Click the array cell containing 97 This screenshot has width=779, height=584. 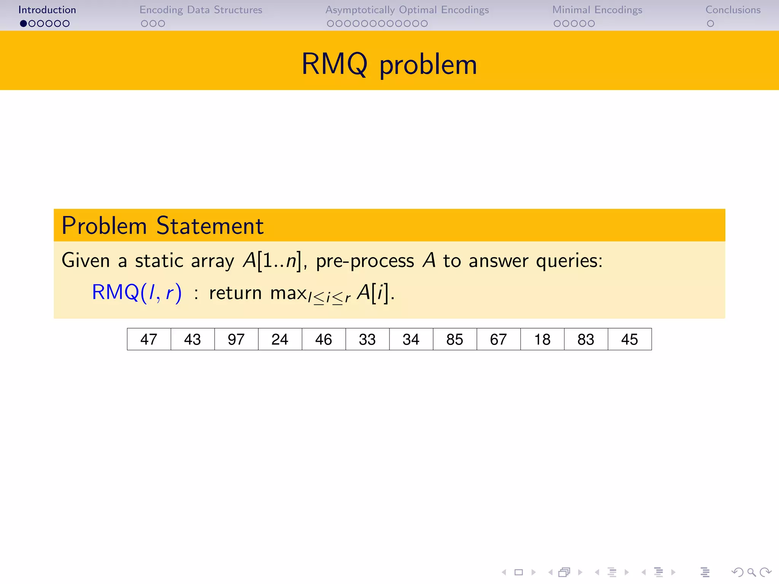236,339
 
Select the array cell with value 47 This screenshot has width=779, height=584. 149,339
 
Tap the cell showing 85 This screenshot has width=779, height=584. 455,339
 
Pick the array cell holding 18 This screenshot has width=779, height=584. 542,339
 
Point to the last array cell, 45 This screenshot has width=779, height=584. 630,339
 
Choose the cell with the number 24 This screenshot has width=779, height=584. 280,339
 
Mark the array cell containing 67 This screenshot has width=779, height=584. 498,339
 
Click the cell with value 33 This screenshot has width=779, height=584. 367,339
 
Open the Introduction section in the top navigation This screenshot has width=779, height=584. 47,10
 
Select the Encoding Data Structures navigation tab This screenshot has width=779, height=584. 201,10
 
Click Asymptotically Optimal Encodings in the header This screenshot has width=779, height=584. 407,10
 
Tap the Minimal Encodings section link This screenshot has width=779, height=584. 597,10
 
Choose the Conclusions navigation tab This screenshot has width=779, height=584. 733,10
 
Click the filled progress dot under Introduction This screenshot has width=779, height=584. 24,24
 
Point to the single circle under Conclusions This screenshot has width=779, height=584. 710,24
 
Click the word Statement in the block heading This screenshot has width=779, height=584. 210,225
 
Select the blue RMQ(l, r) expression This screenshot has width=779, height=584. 137,293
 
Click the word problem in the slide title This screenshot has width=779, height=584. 428,65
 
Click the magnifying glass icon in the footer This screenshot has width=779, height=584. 751,572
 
